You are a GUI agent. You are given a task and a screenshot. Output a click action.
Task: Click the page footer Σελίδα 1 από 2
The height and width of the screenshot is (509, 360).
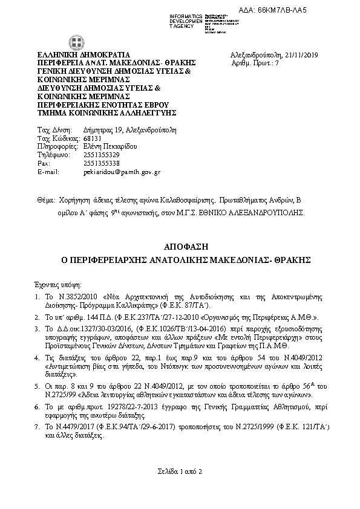pyautogui.click(x=180, y=471)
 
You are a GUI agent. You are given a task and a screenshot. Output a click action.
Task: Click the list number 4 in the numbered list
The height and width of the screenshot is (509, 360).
pyautogui.click(x=38, y=358)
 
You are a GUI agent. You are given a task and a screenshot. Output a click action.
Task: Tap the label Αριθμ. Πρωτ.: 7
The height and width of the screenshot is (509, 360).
pyautogui.click(x=256, y=63)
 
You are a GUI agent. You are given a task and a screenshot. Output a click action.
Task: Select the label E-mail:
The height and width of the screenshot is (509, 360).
pyautogui.click(x=48, y=172)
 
